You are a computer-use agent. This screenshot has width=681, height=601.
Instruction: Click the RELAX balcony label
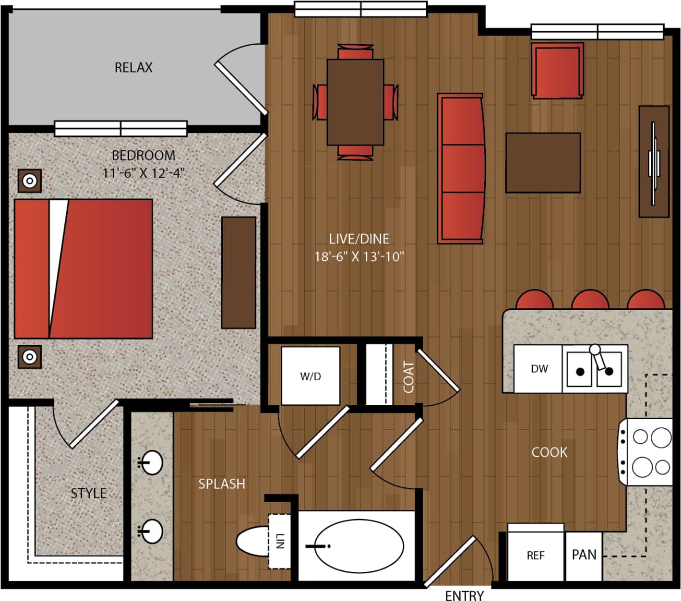(133, 68)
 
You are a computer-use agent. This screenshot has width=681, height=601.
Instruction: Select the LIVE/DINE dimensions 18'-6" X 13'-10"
(358, 256)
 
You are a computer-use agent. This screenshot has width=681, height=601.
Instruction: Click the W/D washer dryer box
(310, 376)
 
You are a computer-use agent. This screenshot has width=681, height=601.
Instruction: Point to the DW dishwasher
(539, 369)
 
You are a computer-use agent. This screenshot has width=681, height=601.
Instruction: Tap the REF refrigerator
(536, 555)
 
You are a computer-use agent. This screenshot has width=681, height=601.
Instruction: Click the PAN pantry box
(584, 555)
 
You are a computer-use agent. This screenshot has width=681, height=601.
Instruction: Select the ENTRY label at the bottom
(464, 596)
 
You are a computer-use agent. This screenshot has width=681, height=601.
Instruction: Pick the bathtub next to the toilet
(358, 545)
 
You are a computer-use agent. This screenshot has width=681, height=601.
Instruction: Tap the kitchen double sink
(594, 369)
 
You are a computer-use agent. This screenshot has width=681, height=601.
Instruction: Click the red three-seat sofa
(461, 167)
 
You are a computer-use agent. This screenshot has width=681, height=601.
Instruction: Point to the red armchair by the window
(556, 70)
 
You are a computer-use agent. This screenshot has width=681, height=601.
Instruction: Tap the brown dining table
(355, 102)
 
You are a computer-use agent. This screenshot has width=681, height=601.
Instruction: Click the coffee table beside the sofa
(543, 162)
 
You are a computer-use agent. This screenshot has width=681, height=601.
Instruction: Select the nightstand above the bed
(28, 181)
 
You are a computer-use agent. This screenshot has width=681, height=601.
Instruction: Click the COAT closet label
(409, 377)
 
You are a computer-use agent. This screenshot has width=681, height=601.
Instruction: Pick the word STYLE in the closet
(89, 493)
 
